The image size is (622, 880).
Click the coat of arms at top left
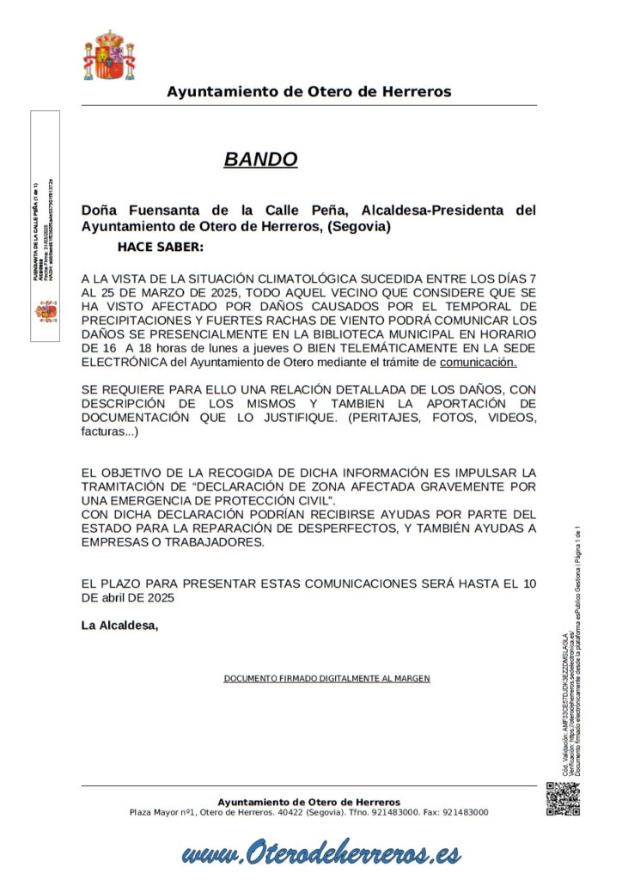(x=108, y=56)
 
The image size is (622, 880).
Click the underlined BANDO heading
(x=260, y=159)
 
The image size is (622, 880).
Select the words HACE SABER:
(x=161, y=247)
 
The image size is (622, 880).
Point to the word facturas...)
(x=110, y=431)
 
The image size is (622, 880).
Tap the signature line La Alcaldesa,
(x=120, y=625)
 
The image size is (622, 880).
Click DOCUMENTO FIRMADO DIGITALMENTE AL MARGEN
(x=326, y=679)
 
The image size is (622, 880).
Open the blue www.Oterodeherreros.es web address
(x=321, y=853)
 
